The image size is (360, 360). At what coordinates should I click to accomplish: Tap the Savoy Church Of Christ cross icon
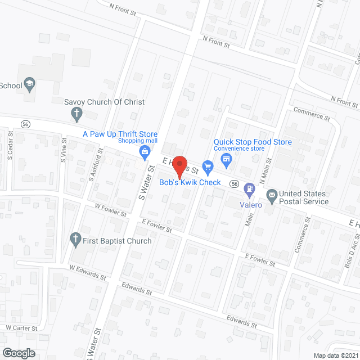click(77, 113)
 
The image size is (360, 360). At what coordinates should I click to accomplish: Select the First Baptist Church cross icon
click(76, 240)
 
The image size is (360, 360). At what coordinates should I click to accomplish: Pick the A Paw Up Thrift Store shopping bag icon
click(145, 151)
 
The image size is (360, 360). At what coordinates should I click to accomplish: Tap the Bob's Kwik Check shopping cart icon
click(208, 166)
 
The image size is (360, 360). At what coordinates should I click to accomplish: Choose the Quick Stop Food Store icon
click(227, 159)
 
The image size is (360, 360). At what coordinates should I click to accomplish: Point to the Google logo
click(19, 353)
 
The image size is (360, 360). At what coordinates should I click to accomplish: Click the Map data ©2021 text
click(335, 355)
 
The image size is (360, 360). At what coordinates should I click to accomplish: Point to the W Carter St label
click(21, 327)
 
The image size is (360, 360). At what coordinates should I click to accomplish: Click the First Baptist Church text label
click(117, 241)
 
